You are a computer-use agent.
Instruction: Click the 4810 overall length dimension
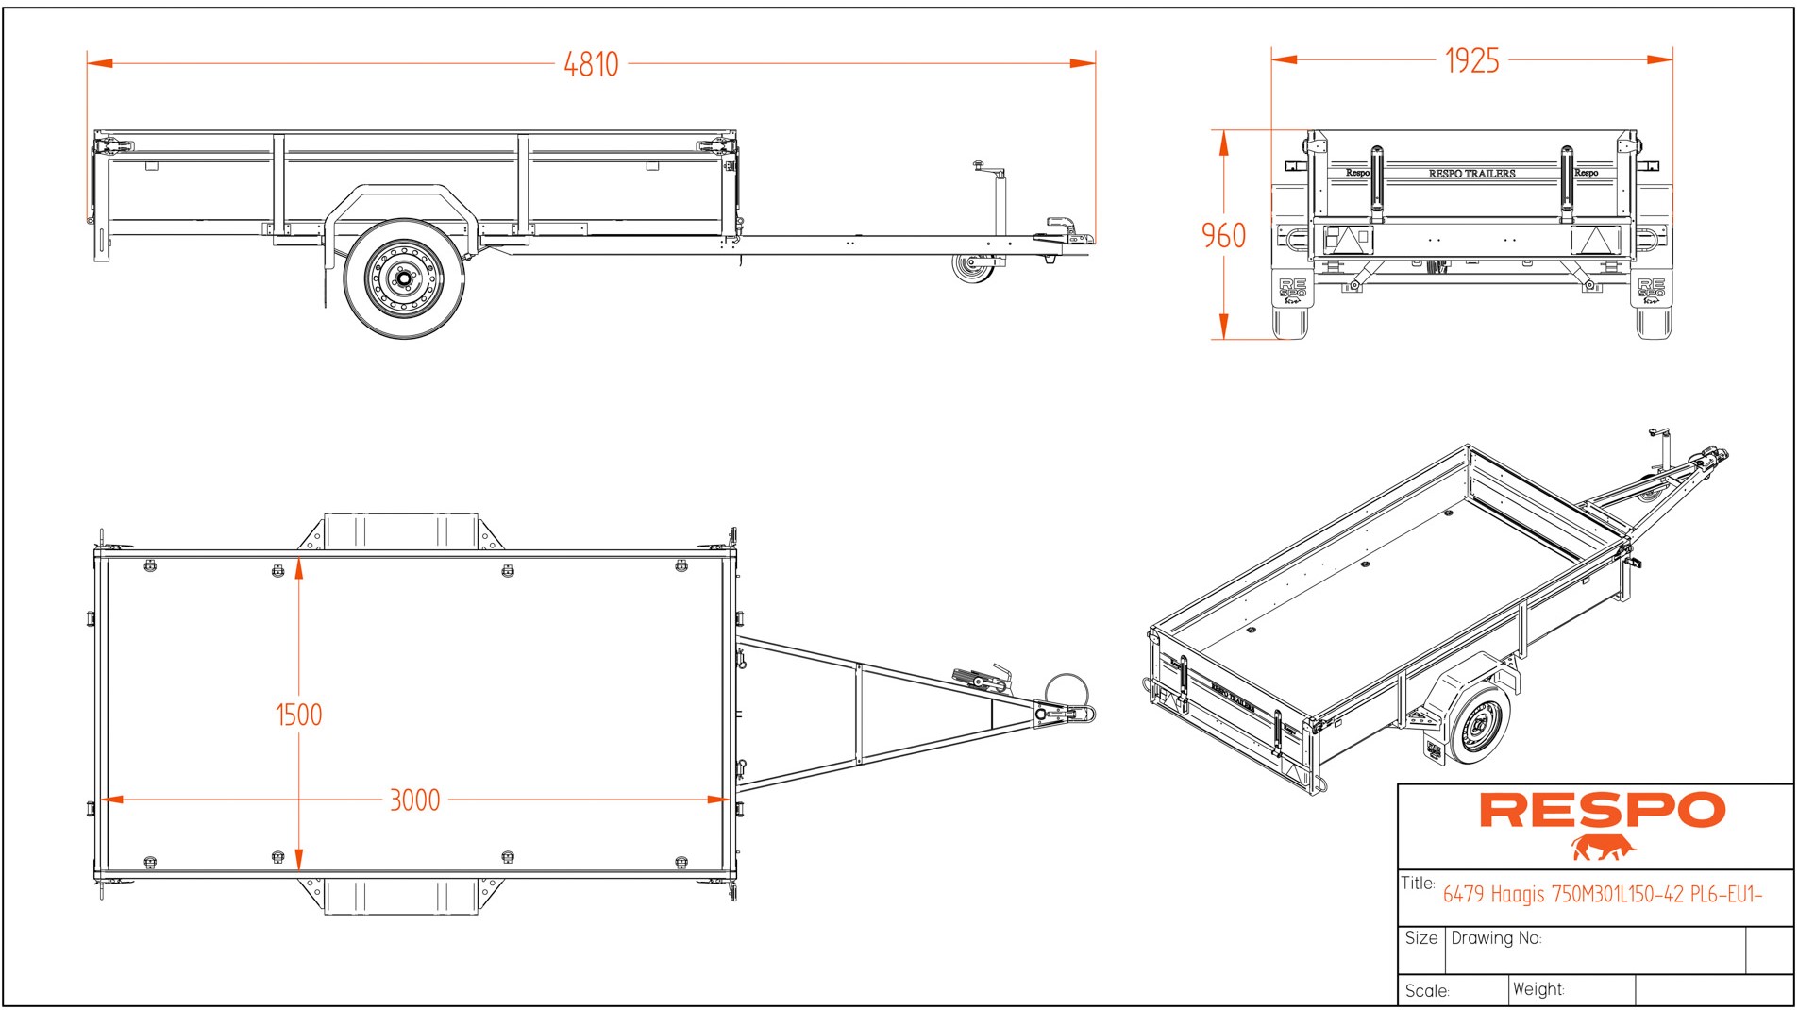point(591,64)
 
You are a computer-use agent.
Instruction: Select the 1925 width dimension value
point(1471,60)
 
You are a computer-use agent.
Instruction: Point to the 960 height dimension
point(1223,235)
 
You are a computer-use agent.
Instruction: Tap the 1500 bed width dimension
point(298,715)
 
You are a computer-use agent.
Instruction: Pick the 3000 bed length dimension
point(414,800)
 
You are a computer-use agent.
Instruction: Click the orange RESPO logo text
point(1602,811)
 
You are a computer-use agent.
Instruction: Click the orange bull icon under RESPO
point(1602,848)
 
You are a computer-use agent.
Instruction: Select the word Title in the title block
point(1417,884)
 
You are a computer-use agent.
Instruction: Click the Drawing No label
point(1495,938)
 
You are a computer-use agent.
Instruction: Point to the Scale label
point(1426,991)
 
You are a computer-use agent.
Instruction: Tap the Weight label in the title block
point(1538,989)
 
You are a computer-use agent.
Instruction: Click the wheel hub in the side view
point(404,278)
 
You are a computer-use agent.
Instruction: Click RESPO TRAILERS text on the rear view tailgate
point(1471,174)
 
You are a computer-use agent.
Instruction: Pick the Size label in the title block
point(1420,938)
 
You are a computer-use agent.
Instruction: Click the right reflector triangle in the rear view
point(1595,240)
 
